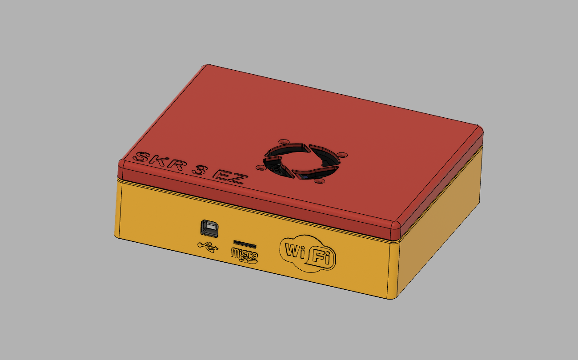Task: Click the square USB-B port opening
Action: point(208,228)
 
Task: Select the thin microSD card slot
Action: point(245,244)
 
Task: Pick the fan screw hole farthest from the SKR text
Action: point(342,154)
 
